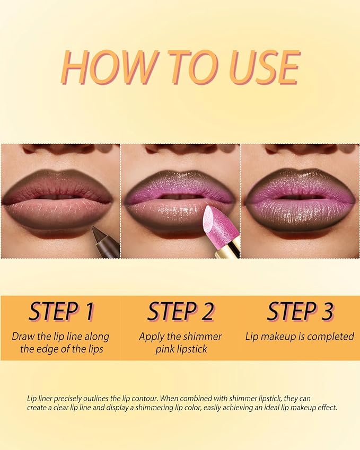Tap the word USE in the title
click(x=262, y=67)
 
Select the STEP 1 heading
click(x=60, y=312)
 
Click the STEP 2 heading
click(x=180, y=312)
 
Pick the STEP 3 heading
click(x=300, y=312)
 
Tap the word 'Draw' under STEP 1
click(x=23, y=337)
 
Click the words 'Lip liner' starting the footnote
click(x=40, y=398)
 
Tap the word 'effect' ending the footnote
click(x=324, y=408)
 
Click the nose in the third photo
click(x=300, y=149)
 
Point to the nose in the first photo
click(x=59, y=149)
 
